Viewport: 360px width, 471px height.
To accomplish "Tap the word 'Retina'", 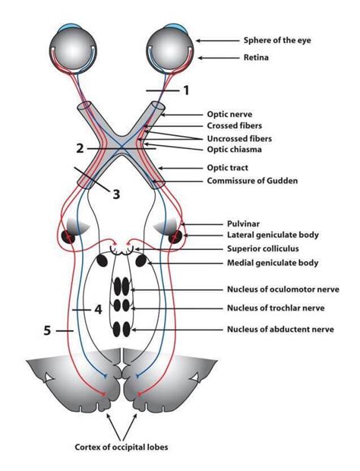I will coord(258,56).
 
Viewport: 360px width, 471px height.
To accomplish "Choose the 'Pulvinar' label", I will coord(247,225).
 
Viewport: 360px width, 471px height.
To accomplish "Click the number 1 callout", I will coord(185,90).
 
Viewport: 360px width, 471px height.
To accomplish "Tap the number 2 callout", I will coord(79,147).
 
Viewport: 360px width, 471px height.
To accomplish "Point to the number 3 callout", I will coord(116,194).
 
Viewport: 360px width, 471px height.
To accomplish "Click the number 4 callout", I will coord(98,309).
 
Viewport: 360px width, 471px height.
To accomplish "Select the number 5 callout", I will coord(48,331).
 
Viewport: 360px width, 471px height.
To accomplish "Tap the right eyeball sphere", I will coord(168,47).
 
